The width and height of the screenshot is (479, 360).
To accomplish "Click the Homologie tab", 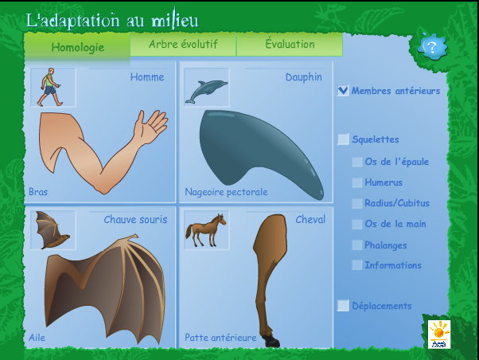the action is click(77, 47).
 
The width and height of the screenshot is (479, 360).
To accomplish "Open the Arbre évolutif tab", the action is click(183, 45).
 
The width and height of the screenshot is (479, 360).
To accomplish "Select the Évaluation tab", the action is click(290, 45).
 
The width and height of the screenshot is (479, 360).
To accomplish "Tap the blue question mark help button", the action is click(432, 47).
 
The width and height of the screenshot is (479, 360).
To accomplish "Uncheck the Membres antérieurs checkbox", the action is click(343, 91).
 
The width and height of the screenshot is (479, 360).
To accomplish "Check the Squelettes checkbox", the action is click(343, 139).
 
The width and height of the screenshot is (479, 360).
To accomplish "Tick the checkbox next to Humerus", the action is click(356, 182).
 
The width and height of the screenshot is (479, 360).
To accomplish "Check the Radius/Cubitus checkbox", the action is click(356, 203).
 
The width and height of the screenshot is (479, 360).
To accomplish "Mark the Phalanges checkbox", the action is click(356, 245).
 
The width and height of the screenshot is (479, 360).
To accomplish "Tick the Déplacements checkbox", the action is click(343, 306).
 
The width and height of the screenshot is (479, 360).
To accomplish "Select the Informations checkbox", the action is click(356, 265).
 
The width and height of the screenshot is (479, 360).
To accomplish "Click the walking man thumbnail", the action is click(53, 88).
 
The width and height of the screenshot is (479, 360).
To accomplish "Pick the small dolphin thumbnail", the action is click(207, 88).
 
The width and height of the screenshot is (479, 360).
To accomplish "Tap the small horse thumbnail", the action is click(207, 230).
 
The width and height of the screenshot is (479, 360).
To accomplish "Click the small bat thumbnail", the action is click(53, 230).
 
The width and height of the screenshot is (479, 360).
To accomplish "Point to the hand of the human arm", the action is click(150, 127).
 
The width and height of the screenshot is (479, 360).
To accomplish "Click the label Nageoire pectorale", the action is click(226, 192).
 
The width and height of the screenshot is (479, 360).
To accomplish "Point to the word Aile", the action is click(37, 338).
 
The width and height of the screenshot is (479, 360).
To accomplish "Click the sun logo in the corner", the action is click(439, 335).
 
